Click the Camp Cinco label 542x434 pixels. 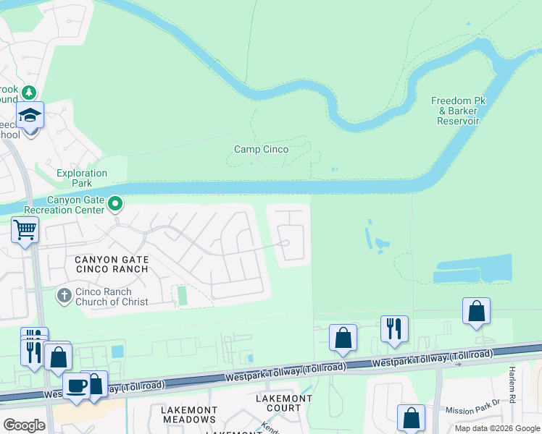click(261, 150)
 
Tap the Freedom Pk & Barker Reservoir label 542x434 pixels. click(455, 111)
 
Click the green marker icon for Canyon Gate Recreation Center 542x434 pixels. click(114, 205)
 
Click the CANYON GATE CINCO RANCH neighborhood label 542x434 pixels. click(112, 264)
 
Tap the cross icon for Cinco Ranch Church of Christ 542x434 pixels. click(64, 296)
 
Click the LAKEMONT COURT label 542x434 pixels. click(279, 403)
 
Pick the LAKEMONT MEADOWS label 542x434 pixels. click(188, 414)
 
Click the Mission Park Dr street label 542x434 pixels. click(472, 409)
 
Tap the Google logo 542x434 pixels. click(24, 425)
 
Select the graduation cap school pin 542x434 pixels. click(30, 116)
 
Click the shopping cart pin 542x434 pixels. click(25, 230)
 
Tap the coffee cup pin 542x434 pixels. click(76, 385)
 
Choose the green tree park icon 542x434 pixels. click(28, 93)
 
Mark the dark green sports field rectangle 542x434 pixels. click(182, 295)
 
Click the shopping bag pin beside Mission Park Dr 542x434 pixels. click(411, 418)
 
